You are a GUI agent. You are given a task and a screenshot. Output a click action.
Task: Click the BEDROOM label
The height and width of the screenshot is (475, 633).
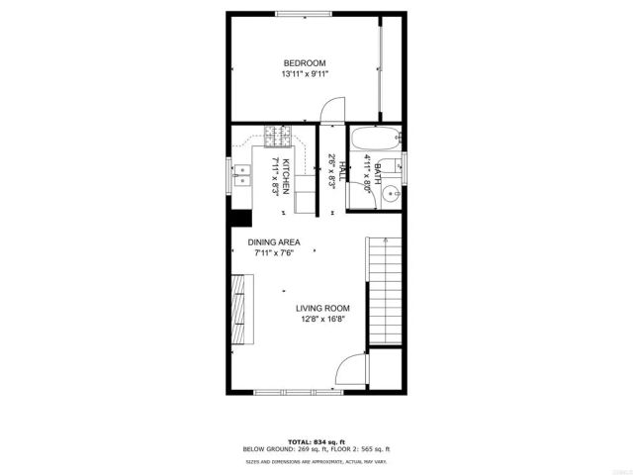click(x=305, y=63)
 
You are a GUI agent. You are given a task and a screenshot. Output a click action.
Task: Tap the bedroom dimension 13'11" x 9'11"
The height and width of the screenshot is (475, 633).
click(x=305, y=74)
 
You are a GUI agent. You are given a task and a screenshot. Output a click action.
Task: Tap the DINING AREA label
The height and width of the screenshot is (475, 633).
click(x=274, y=241)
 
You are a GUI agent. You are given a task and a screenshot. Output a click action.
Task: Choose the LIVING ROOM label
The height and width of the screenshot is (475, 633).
click(x=322, y=308)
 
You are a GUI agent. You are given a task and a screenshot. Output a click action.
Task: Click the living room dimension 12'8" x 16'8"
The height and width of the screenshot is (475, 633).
click(x=322, y=319)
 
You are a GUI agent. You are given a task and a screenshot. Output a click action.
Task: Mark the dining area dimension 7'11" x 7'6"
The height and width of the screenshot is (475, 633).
click(x=274, y=252)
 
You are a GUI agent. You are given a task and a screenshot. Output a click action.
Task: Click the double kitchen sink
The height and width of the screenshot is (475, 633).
click(x=242, y=176)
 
